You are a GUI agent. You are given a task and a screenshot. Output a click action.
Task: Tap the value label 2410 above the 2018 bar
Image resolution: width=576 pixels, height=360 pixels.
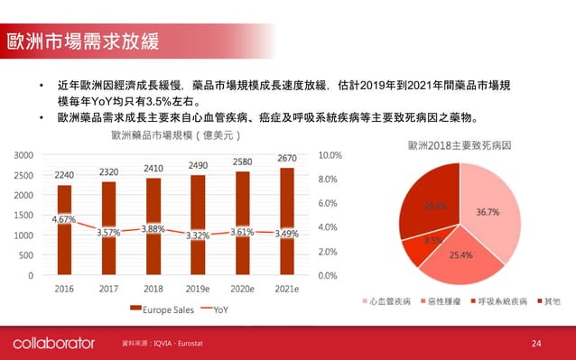[x=153, y=168]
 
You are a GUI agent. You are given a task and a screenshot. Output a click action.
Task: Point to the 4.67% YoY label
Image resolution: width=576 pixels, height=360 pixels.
[x=63, y=218]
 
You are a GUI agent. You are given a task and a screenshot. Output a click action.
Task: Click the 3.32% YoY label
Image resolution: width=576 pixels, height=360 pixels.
[x=198, y=235]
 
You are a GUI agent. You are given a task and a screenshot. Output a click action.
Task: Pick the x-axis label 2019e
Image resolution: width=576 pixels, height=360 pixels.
[x=198, y=289]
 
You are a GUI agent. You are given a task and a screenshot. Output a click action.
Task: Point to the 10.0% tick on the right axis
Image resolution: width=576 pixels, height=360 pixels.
[x=330, y=154]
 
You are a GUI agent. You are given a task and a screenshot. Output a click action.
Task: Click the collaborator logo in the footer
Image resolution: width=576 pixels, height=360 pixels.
[x=53, y=344]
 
